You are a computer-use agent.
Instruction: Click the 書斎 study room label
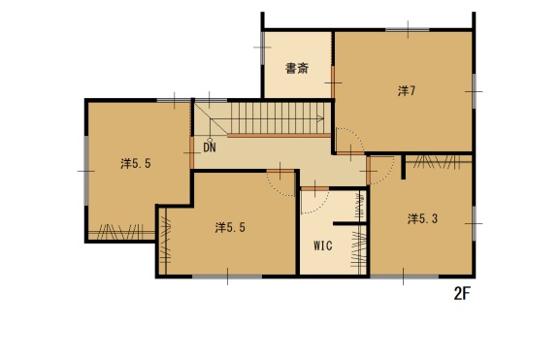297,68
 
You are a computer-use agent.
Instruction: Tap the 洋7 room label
407,91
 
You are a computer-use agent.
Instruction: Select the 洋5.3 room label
422,218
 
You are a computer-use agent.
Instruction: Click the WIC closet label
323,245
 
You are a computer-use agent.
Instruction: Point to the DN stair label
210,147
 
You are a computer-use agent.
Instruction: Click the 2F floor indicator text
462,294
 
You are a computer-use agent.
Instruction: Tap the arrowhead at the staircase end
321,118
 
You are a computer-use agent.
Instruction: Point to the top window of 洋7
408,30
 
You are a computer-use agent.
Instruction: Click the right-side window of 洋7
474,91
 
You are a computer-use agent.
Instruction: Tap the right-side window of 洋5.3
474,223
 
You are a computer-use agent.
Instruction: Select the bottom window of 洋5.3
404,277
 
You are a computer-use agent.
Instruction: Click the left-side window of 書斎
262,48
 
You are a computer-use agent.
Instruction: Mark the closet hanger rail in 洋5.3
439,162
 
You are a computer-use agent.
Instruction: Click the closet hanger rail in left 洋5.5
121,232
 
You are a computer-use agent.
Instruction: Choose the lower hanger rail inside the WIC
359,249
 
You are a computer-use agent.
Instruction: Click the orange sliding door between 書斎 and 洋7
333,82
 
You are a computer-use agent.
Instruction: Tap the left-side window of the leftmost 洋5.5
86,171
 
